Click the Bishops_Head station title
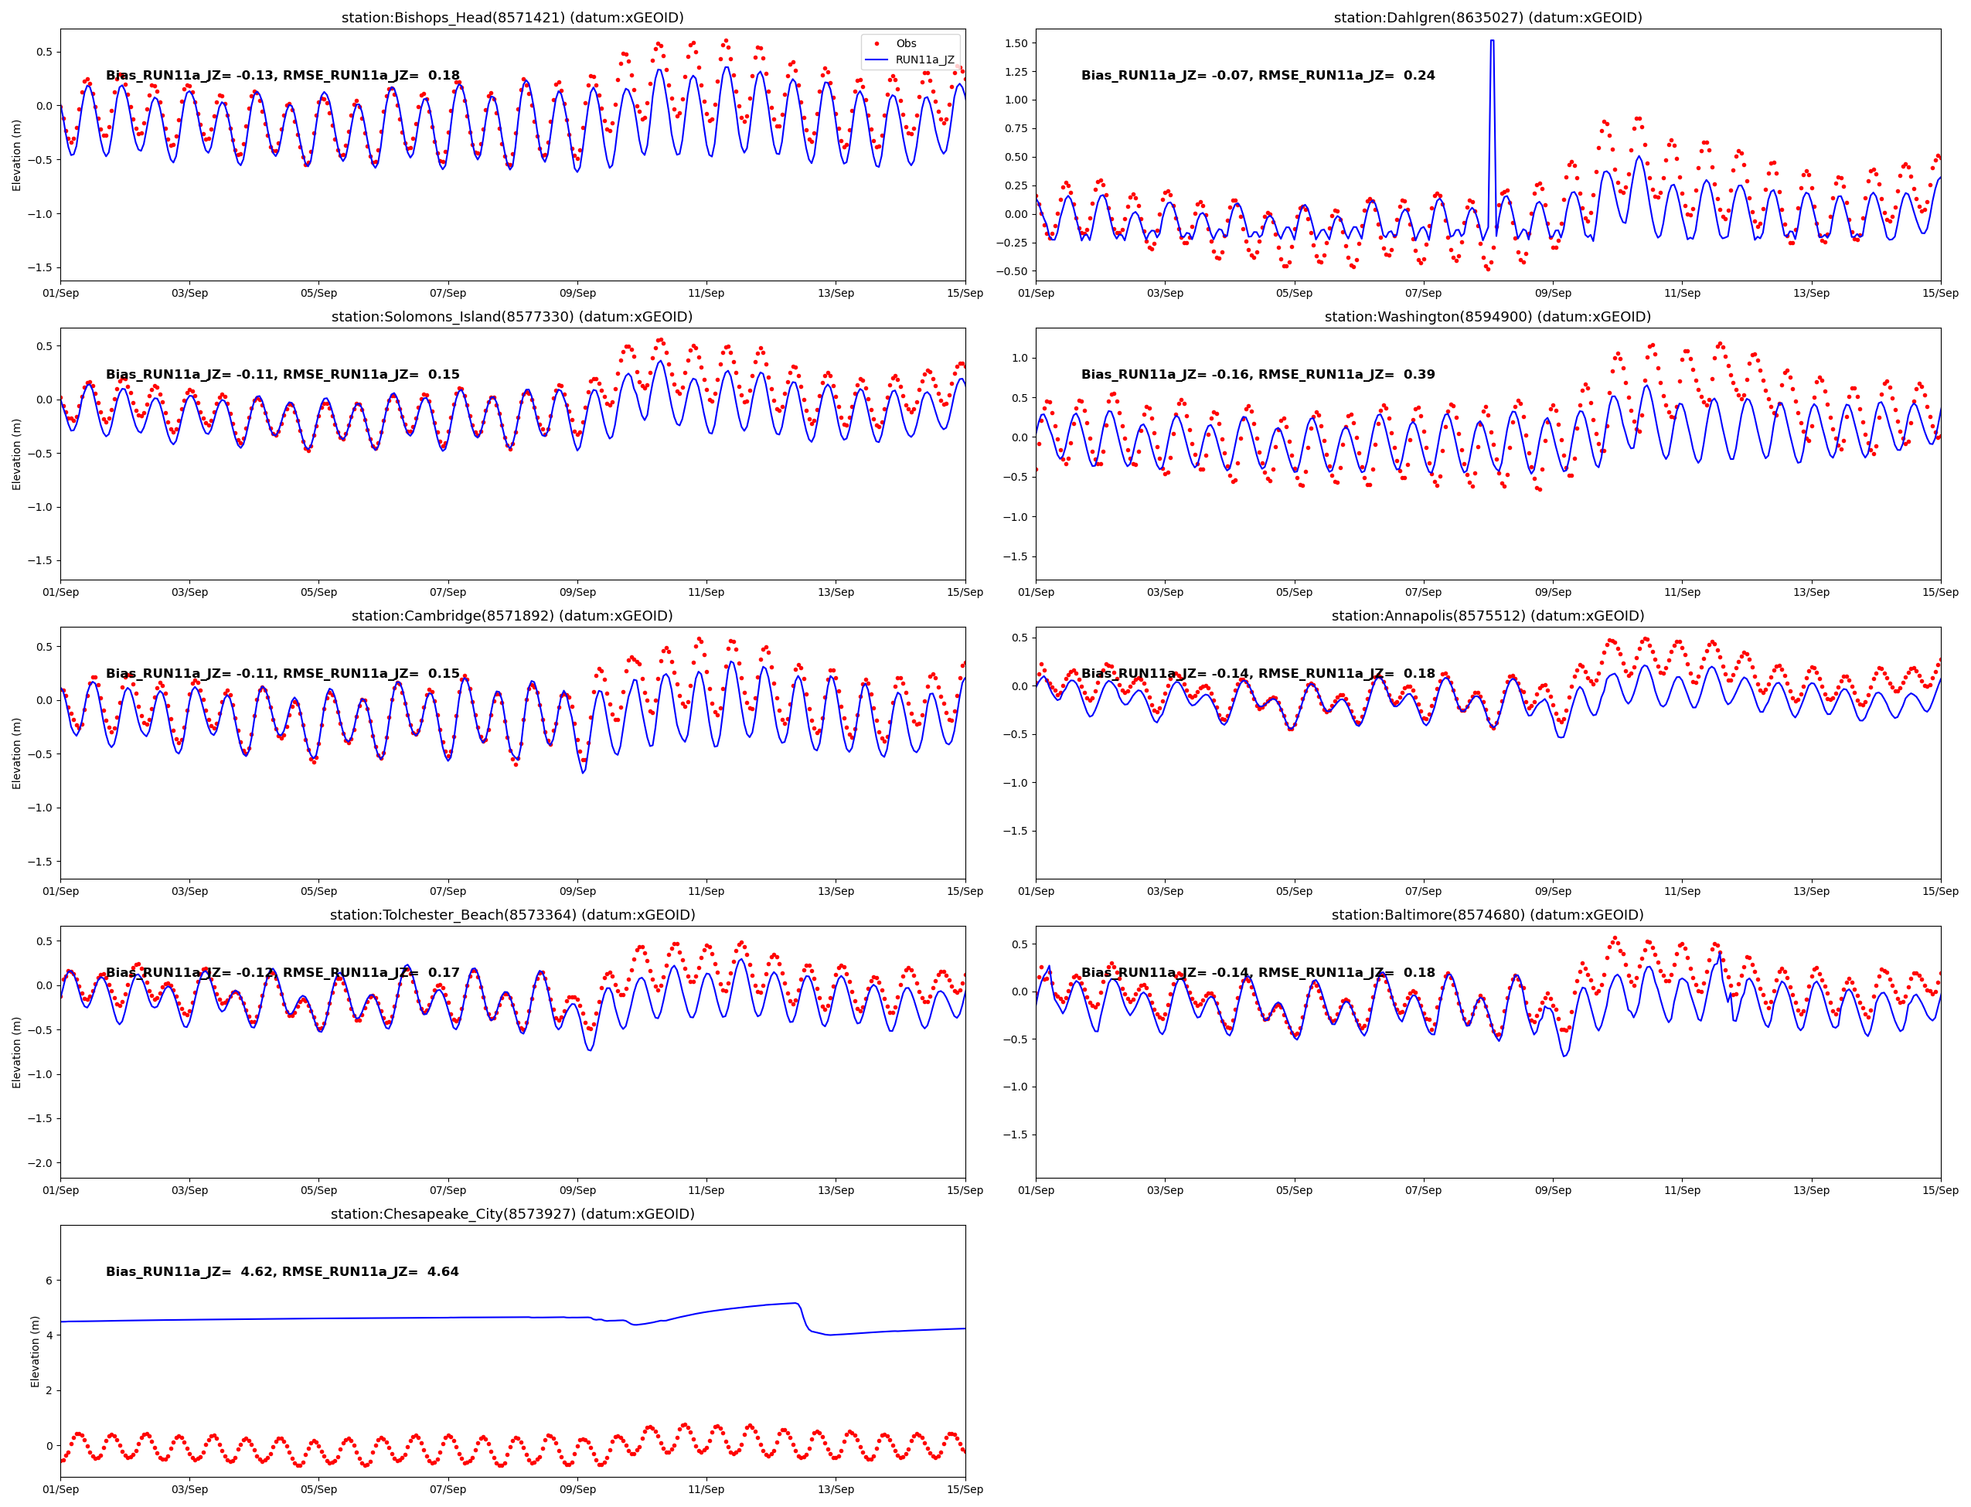pyautogui.click(x=512, y=18)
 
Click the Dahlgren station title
pyautogui.click(x=1487, y=18)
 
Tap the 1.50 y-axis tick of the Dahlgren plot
pyautogui.click(x=1016, y=43)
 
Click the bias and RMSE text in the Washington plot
pyautogui.click(x=1257, y=374)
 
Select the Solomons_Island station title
pyautogui.click(x=512, y=317)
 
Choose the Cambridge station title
pyautogui.click(x=512, y=615)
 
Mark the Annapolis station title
pyautogui.click(x=1487, y=615)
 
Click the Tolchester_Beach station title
pyautogui.click(x=512, y=915)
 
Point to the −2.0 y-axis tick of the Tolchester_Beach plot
pyautogui.click(x=40, y=1162)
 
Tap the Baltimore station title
pyautogui.click(x=1487, y=915)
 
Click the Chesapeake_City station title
pyautogui.click(x=512, y=1213)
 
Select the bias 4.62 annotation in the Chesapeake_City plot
pyautogui.click(x=281, y=1271)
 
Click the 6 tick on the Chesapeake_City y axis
pyautogui.click(x=49, y=1280)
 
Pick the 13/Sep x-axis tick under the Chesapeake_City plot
pyautogui.click(x=836, y=1489)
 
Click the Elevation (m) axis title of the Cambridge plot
pyautogui.click(x=16, y=753)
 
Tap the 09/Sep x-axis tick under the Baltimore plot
pyautogui.click(x=1552, y=1190)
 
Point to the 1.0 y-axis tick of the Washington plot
pyautogui.click(x=1020, y=358)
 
